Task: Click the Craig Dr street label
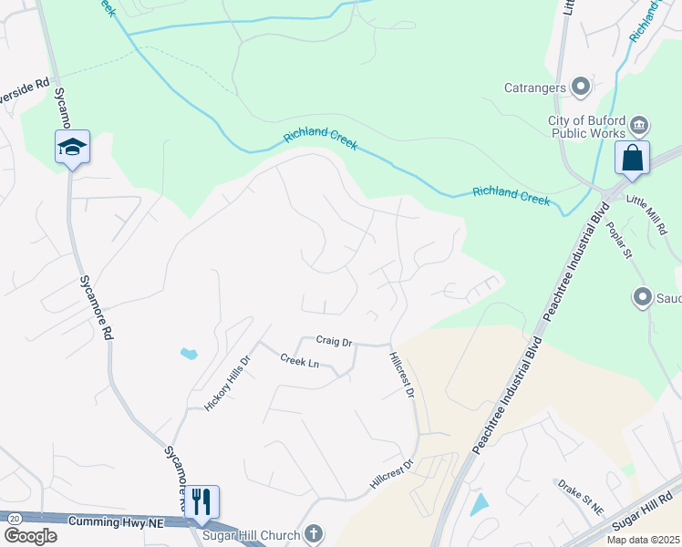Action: [x=334, y=341]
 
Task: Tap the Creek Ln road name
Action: [x=299, y=362]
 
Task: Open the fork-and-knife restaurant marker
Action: [x=201, y=501]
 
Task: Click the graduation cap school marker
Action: [x=72, y=147]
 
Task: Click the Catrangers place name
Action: [x=536, y=88]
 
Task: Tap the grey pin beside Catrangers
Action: [x=581, y=88]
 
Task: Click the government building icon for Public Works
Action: [x=640, y=124]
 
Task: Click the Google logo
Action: [x=31, y=535]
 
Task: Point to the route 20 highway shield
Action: [x=14, y=518]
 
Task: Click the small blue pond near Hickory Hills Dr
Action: [x=189, y=353]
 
